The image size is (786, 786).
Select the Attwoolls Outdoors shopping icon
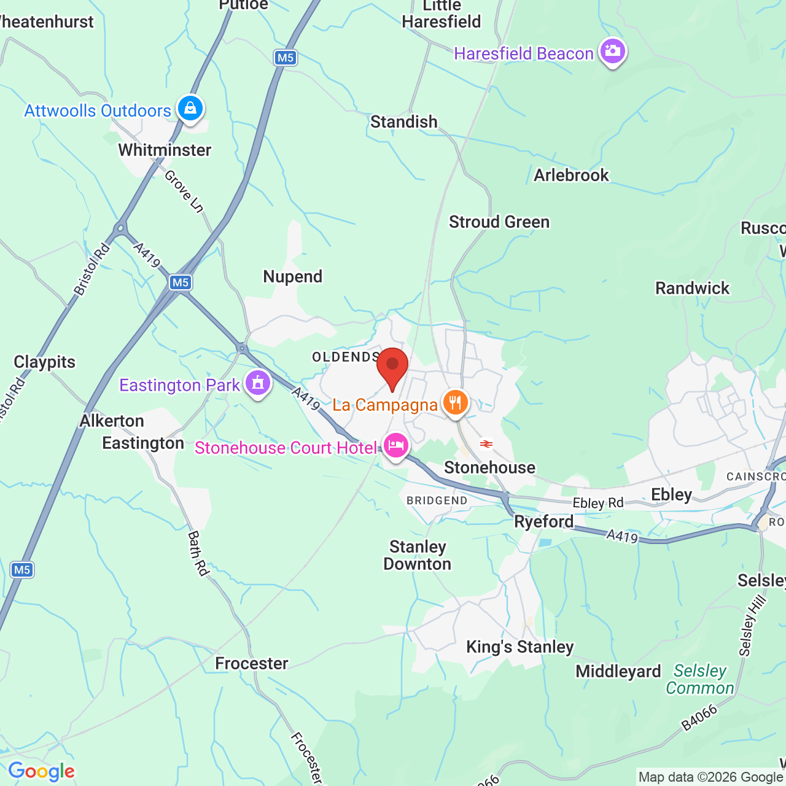tap(190, 109)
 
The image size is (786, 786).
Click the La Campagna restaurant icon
tap(455, 403)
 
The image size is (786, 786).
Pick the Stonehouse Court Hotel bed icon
tap(396, 445)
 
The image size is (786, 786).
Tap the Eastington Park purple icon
tap(258, 383)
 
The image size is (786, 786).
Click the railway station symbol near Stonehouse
tap(486, 443)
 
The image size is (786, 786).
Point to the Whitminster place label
tap(165, 150)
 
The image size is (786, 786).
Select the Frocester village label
tap(252, 663)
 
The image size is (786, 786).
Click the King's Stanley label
tap(519, 647)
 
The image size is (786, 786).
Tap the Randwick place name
tap(692, 288)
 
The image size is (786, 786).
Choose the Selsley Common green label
tap(700, 679)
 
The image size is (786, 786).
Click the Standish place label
tap(403, 122)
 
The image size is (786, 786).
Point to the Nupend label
tap(292, 276)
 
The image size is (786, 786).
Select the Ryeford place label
tap(543, 521)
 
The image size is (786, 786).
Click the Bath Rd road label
tap(198, 553)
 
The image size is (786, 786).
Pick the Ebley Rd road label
tap(597, 503)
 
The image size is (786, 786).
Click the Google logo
tap(41, 771)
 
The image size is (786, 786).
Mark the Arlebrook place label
tap(571, 175)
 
